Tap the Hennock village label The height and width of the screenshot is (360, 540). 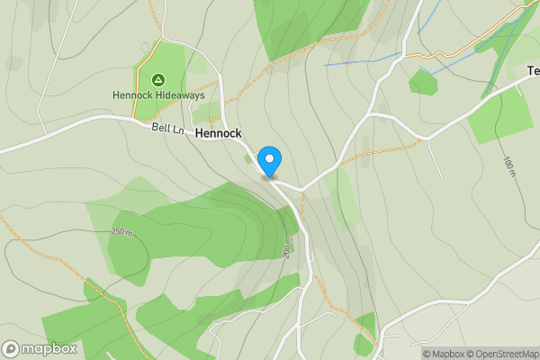[x=219, y=132]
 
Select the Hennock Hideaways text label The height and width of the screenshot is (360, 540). [x=158, y=94]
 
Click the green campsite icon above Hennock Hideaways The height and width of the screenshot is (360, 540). [x=158, y=79]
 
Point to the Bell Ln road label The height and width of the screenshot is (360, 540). [x=167, y=129]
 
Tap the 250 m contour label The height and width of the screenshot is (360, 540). [x=121, y=232]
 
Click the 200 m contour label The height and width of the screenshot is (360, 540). [x=287, y=247]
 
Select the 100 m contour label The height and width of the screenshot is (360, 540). [x=508, y=166]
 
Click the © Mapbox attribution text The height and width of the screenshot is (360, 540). [x=445, y=353]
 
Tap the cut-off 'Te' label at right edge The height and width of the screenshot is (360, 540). [x=533, y=70]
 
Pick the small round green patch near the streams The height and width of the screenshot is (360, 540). [x=422, y=83]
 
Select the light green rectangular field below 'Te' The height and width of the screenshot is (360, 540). [x=500, y=116]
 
